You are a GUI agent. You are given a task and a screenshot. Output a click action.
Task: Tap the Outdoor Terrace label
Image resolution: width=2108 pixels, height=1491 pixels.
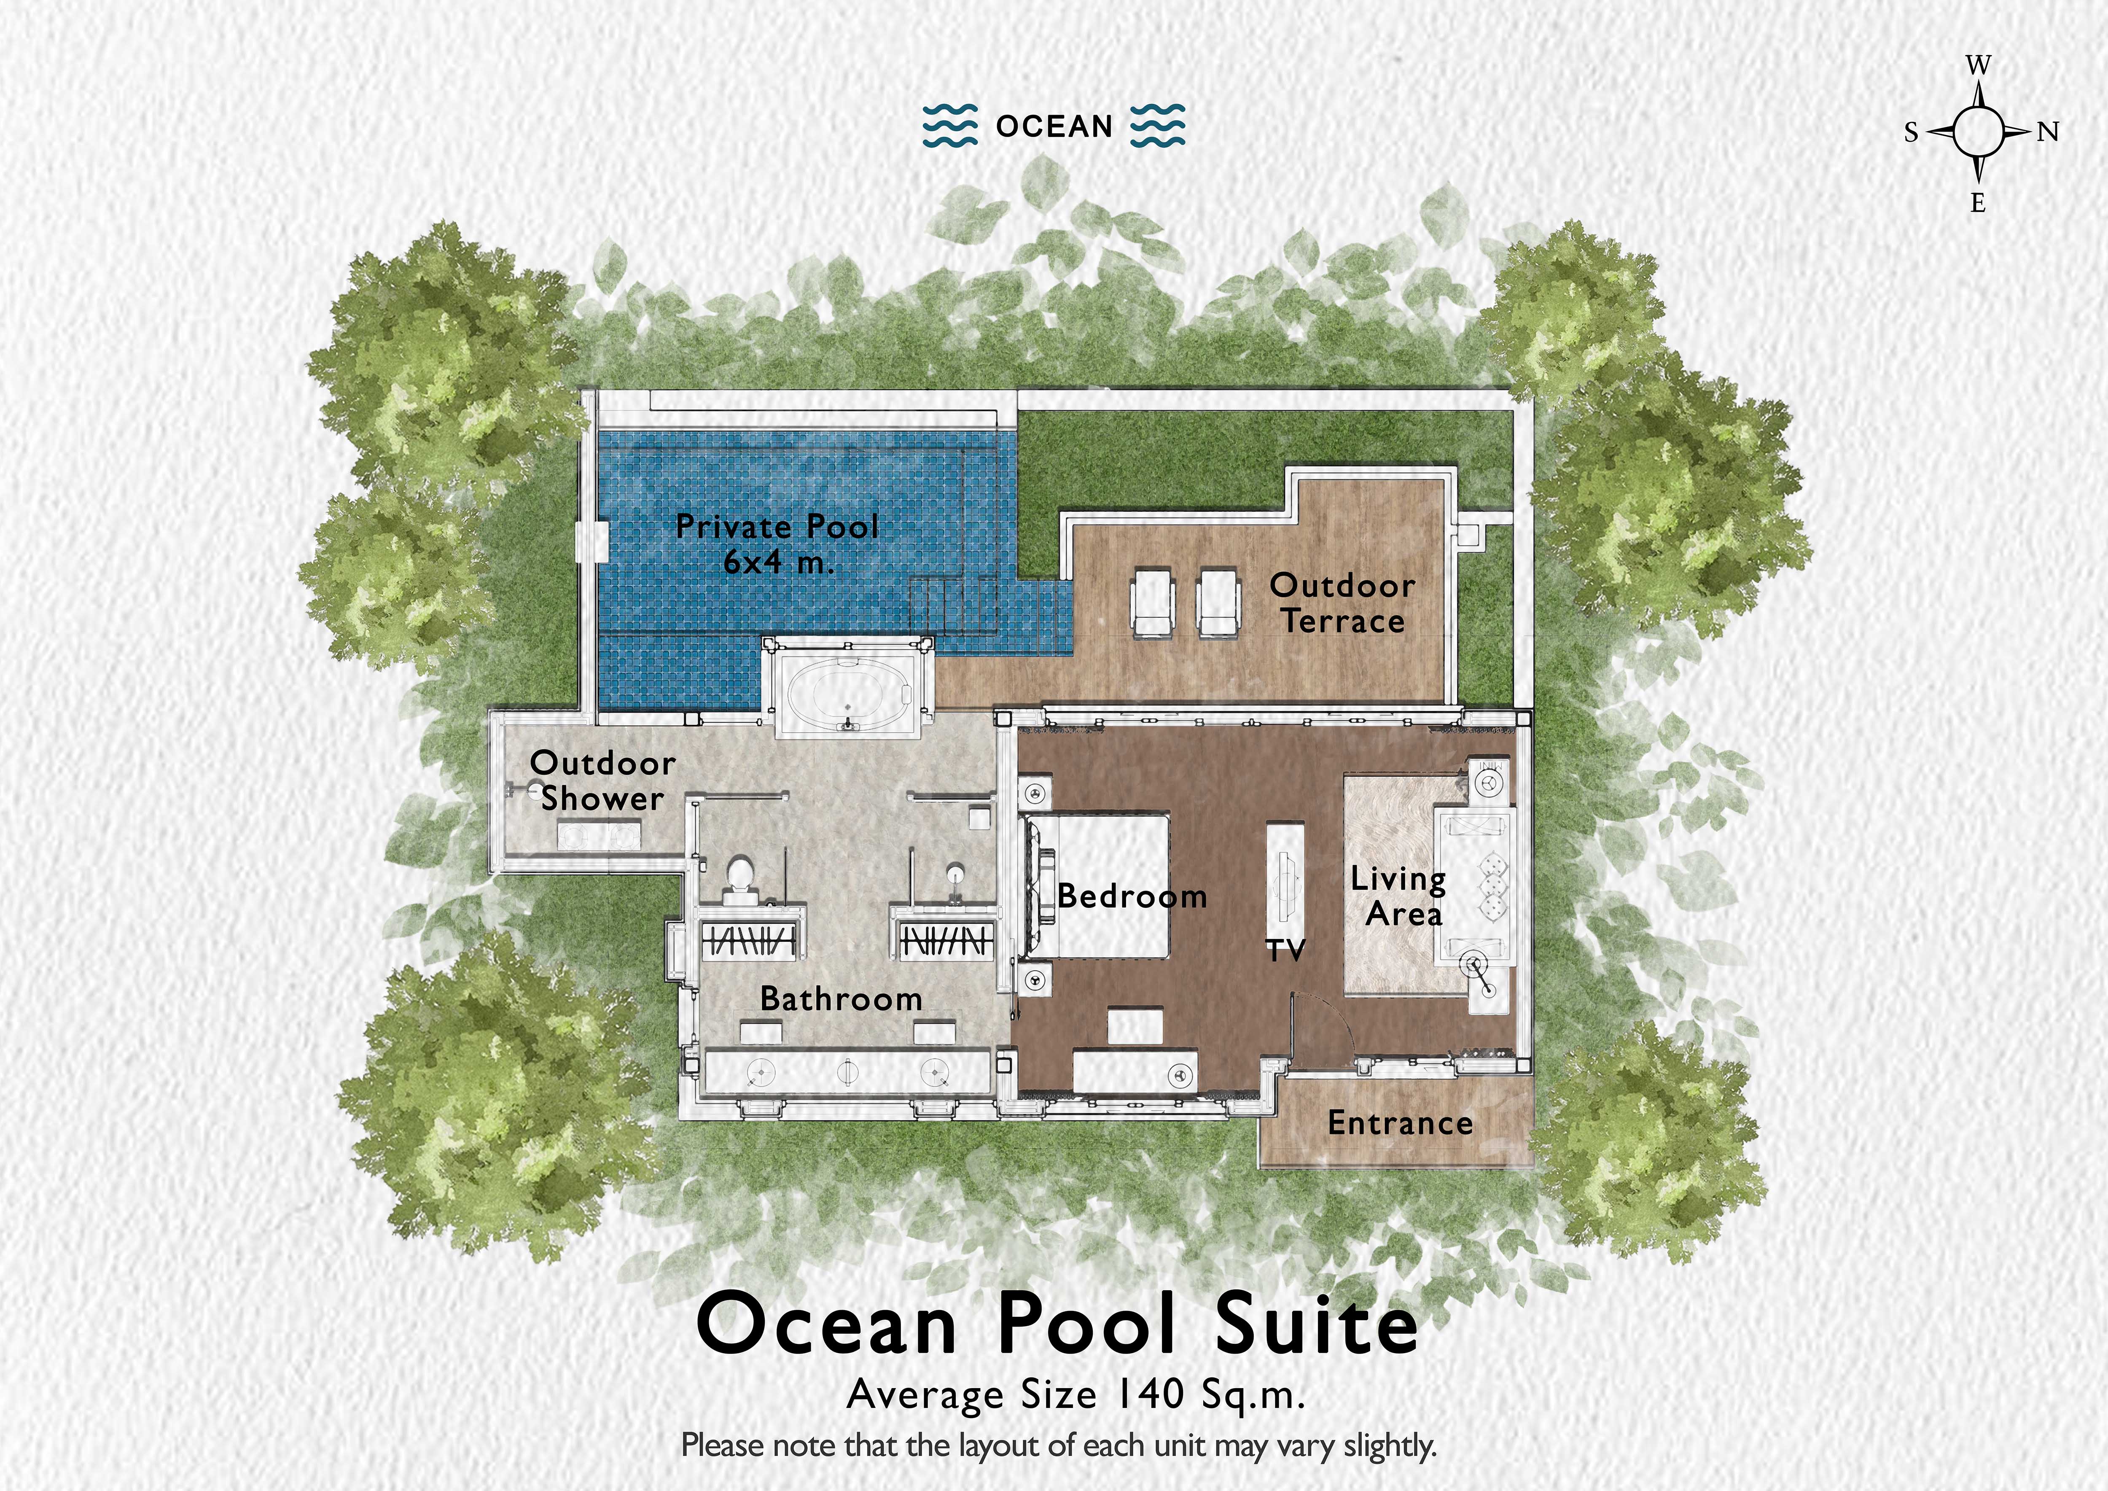[x=1342, y=603]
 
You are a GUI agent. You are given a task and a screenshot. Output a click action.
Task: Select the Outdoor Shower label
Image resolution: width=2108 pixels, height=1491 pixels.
[x=602, y=780]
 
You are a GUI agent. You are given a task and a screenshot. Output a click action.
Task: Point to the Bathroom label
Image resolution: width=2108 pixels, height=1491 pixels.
[x=841, y=999]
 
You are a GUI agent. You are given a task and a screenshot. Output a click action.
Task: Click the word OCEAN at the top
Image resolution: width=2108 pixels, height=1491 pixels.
[x=1054, y=126]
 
